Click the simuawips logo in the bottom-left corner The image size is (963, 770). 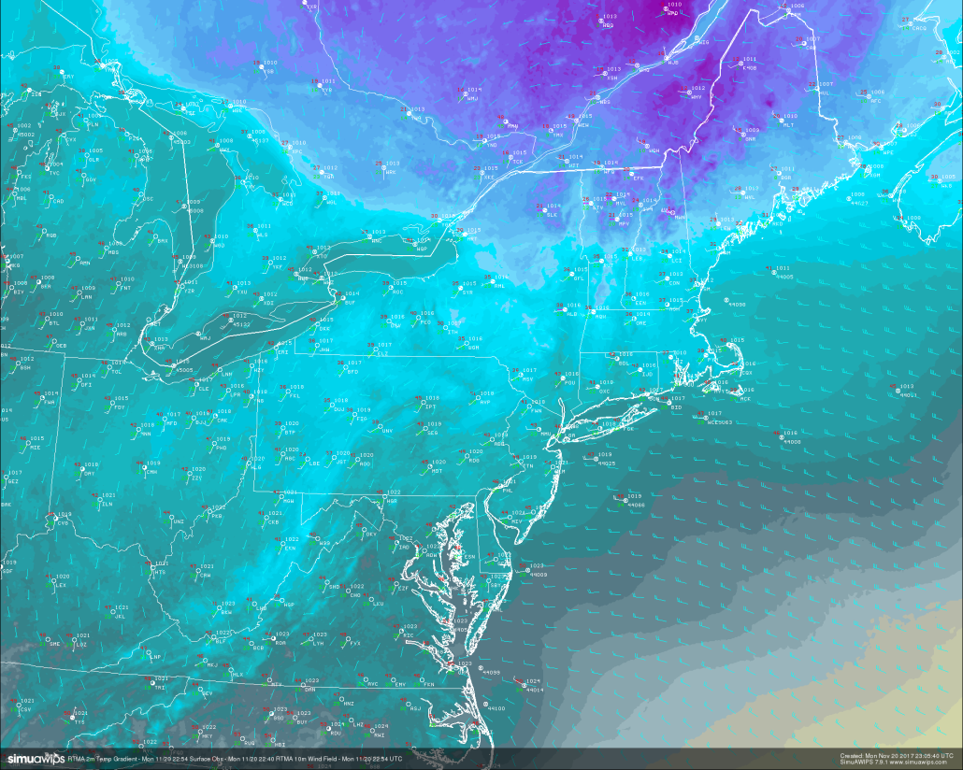[x=32, y=758]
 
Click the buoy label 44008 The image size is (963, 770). [x=792, y=441]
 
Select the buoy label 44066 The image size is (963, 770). [x=636, y=505]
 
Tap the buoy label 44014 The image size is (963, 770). [x=534, y=690]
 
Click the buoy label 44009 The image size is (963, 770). [x=538, y=575]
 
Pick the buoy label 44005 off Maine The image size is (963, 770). [x=783, y=278]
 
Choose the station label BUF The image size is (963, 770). [x=350, y=303]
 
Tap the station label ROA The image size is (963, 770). [x=280, y=643]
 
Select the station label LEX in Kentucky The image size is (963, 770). [x=61, y=585]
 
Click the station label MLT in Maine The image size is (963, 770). [x=788, y=124]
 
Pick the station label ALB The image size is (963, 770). [x=572, y=314]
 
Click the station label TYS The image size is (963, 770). [x=79, y=722]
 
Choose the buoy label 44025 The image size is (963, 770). [x=606, y=463]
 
